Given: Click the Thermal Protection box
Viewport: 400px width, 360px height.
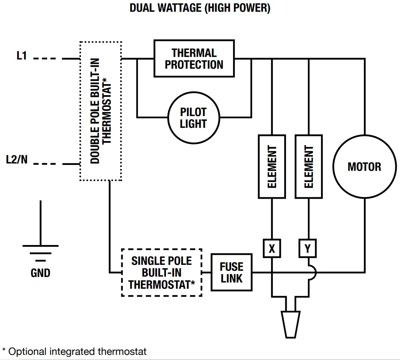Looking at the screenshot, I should tap(194, 59).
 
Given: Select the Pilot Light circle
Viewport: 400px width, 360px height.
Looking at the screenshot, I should tap(193, 118).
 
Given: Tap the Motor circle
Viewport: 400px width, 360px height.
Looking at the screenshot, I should tap(364, 167).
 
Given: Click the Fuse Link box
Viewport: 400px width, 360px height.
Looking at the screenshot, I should tap(231, 273).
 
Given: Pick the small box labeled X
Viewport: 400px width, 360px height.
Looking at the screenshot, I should tap(272, 249).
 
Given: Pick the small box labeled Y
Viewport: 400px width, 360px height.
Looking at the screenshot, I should tap(308, 249).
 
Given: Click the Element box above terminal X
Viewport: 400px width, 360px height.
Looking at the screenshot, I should tap(272, 166).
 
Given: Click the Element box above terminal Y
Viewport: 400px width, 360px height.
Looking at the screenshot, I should tap(308, 166).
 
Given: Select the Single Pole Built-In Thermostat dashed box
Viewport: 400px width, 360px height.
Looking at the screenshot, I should tap(161, 273).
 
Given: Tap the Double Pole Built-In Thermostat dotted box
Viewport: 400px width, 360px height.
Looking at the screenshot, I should tap(100, 111).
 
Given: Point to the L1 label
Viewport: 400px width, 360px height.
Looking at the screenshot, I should tap(22, 56).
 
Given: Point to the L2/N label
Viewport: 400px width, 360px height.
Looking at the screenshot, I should tap(17, 160).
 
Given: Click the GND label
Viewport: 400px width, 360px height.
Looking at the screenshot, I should tap(40, 273).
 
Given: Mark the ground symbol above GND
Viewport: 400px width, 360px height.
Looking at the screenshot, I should tap(40, 246).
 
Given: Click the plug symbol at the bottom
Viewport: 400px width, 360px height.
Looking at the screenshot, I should tap(290, 323).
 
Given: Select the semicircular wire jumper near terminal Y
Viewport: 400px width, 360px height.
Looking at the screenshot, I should tap(312, 273).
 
